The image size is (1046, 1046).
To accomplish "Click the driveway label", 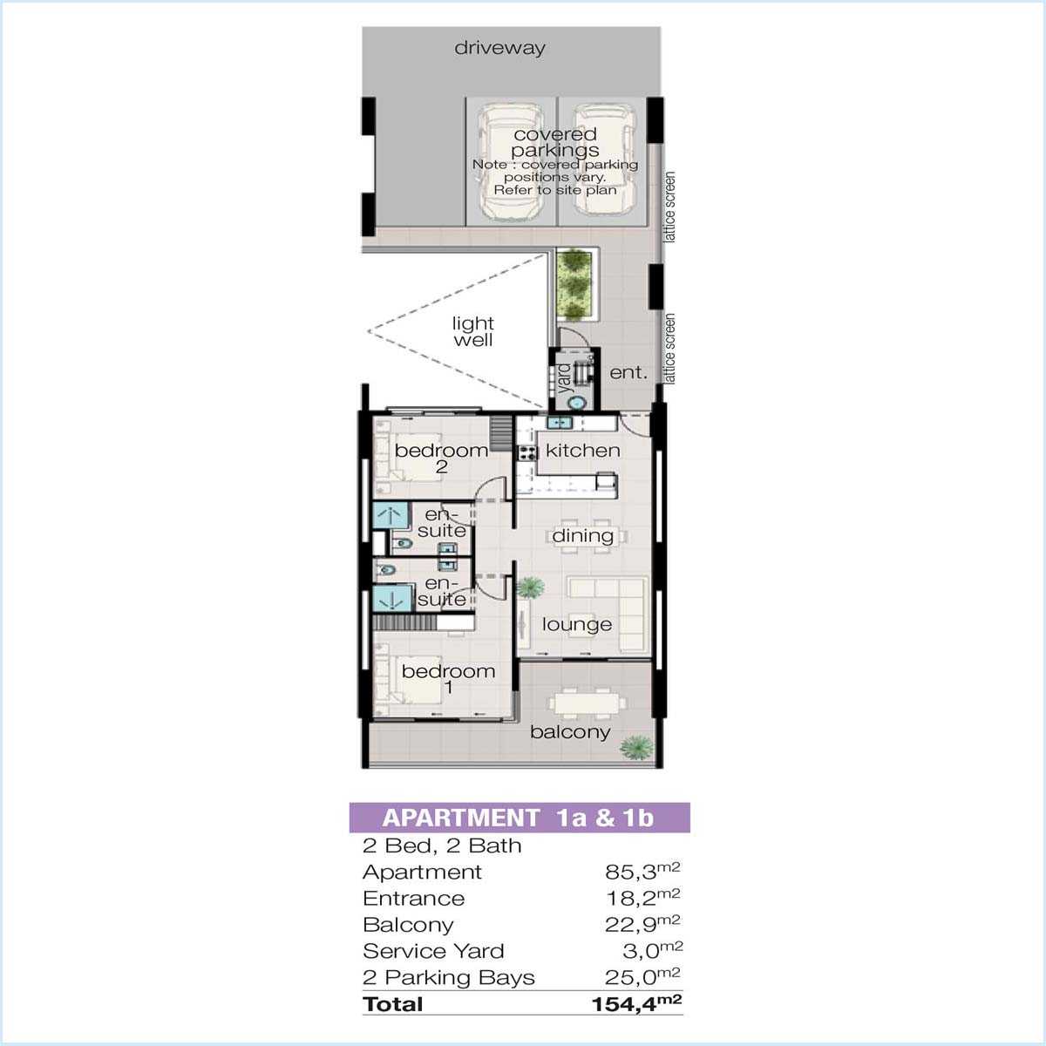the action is pyautogui.click(x=499, y=48).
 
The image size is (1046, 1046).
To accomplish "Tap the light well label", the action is pyautogui.click(x=473, y=331).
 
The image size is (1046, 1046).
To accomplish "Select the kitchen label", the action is pyautogui.click(x=582, y=451).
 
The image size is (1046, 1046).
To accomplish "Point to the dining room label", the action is pyautogui.click(x=582, y=536).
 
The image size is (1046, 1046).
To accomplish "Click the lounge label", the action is pyautogui.click(x=577, y=624).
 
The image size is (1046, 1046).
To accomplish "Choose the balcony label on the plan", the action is pyautogui.click(x=570, y=732).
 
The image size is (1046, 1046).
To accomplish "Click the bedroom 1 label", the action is pyautogui.click(x=448, y=679).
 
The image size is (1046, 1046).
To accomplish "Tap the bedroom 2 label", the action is pyautogui.click(x=441, y=458).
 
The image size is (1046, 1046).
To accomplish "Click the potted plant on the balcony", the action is pyautogui.click(x=636, y=748).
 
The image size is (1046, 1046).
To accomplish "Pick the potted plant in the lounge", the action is pyautogui.click(x=530, y=588).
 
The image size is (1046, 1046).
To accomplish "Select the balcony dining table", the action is pyautogui.click(x=587, y=704).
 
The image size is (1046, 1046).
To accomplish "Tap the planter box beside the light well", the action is pyautogui.click(x=575, y=285).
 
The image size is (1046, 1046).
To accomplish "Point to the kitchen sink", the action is pyautogui.click(x=559, y=422).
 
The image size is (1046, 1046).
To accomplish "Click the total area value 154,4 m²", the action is pyautogui.click(x=636, y=1003).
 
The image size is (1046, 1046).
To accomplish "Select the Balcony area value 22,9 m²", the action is pyautogui.click(x=642, y=925).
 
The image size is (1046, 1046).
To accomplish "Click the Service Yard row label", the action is pyautogui.click(x=433, y=951).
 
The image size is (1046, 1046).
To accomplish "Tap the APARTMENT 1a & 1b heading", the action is pyautogui.click(x=519, y=818).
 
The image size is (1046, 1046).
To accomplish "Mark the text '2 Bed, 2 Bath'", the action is pyautogui.click(x=442, y=846).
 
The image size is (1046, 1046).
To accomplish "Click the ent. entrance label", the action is pyautogui.click(x=628, y=373).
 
